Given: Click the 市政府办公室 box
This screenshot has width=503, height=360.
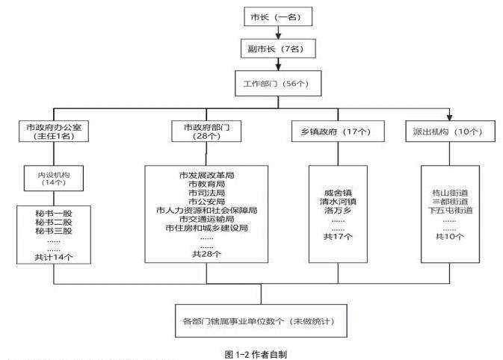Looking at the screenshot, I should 53,132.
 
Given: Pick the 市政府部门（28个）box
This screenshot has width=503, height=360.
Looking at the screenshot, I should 206,132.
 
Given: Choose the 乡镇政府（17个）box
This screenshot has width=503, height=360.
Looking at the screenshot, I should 337,132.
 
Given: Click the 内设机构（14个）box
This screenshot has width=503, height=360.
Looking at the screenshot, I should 53,179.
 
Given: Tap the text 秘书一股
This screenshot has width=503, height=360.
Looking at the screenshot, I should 53,214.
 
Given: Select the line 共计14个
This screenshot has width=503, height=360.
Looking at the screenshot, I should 53,257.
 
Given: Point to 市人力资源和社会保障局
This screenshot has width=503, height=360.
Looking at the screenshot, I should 206,210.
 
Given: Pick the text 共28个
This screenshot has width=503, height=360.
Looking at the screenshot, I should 206,254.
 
